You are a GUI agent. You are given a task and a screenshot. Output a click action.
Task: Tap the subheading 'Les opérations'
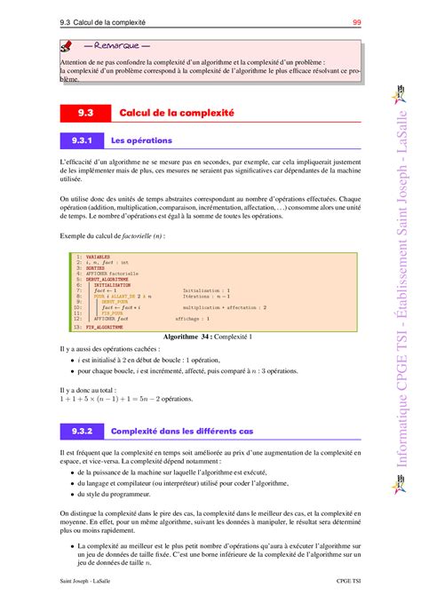click(x=141, y=140)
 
